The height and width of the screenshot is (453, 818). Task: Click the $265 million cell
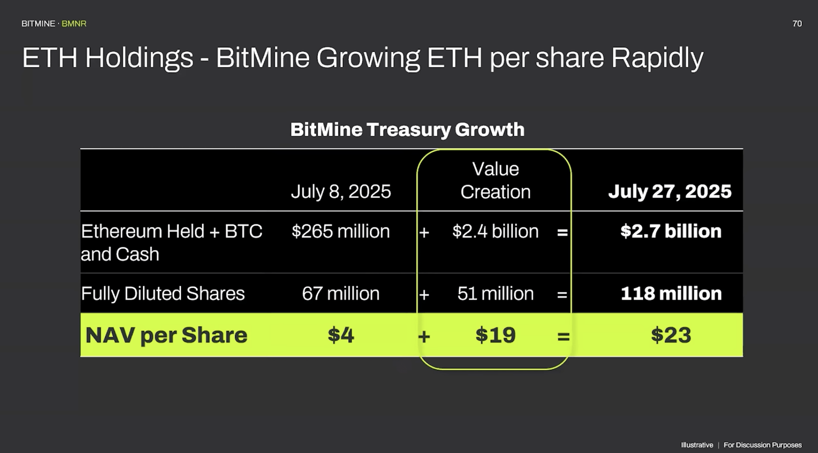(340, 231)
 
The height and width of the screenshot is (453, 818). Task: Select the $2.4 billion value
(495, 231)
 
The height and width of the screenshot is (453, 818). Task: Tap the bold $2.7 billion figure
(671, 231)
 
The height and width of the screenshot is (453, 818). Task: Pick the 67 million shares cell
(340, 294)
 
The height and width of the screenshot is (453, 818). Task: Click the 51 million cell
(495, 294)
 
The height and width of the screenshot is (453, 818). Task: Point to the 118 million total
(671, 294)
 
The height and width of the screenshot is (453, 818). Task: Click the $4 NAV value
(340, 335)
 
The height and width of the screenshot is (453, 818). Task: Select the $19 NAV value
(495, 335)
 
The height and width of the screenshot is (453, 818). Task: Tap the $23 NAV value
(671, 335)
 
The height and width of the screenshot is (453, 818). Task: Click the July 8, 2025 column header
(340, 192)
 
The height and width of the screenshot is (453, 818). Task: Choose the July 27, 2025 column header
(669, 192)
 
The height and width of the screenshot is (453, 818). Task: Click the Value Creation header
(495, 181)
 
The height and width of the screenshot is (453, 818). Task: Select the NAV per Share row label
(166, 335)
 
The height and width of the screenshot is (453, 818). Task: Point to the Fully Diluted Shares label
(162, 294)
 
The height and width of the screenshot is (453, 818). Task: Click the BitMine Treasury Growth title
(407, 130)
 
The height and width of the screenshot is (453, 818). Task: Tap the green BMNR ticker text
(74, 24)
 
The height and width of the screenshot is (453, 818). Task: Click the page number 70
(797, 24)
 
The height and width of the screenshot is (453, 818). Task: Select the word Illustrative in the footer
(697, 445)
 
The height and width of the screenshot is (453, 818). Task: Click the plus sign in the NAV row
(424, 336)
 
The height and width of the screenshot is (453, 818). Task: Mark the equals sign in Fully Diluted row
(562, 295)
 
